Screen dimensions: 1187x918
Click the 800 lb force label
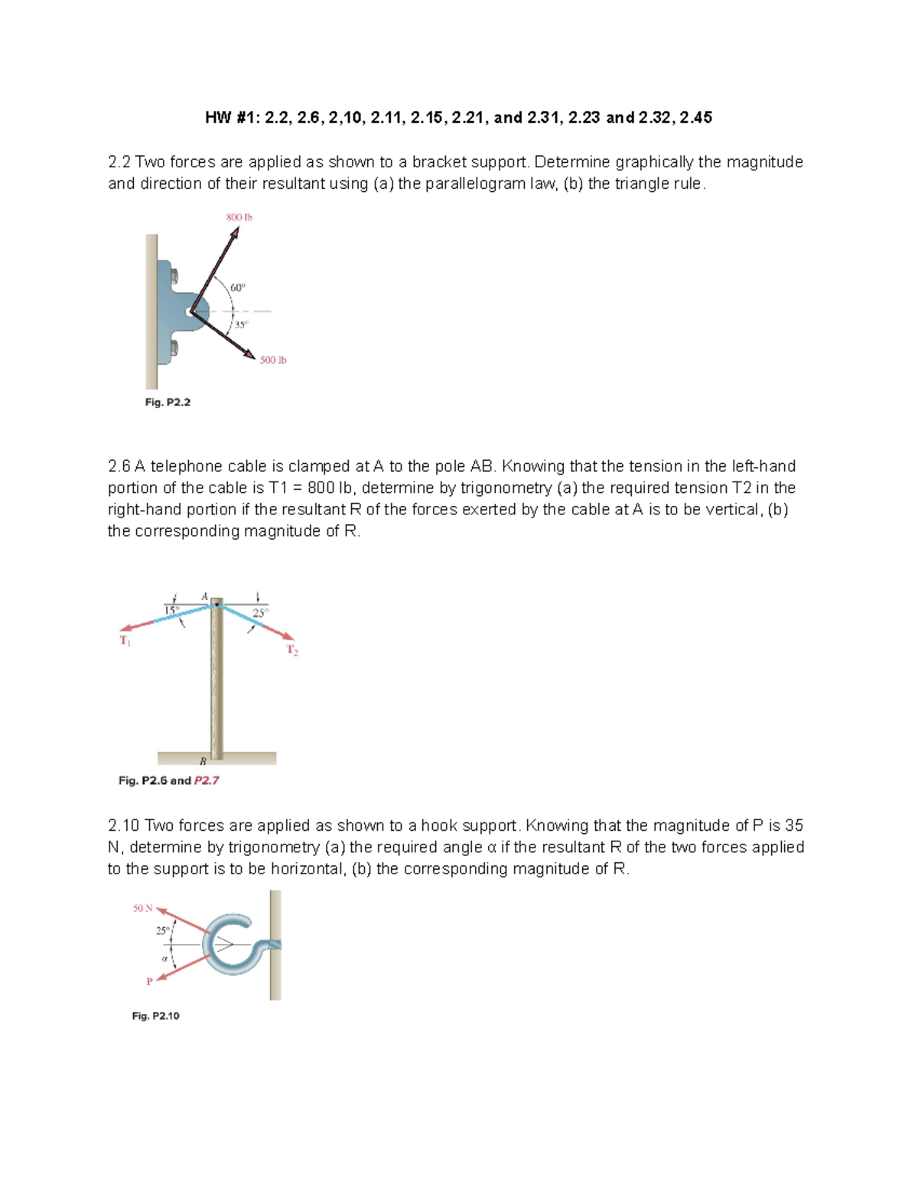[239, 217]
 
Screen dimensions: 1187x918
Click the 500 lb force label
[272, 360]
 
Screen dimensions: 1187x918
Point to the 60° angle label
[238, 287]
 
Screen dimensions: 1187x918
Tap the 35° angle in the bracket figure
[240, 325]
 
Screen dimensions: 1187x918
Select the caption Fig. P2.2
[168, 402]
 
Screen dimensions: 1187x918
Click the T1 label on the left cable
[125, 641]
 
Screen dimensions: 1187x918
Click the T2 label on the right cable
[292, 650]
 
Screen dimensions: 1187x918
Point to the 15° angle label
[172, 610]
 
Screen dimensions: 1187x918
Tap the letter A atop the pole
[204, 596]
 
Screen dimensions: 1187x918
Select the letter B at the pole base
[203, 761]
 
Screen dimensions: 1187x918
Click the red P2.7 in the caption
[207, 780]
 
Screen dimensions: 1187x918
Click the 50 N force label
[142, 908]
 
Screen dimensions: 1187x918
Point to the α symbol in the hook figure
[164, 958]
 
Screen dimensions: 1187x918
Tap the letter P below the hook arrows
[149, 981]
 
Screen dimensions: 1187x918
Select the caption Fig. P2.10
[155, 1016]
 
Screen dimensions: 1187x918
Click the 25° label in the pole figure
[261, 613]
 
